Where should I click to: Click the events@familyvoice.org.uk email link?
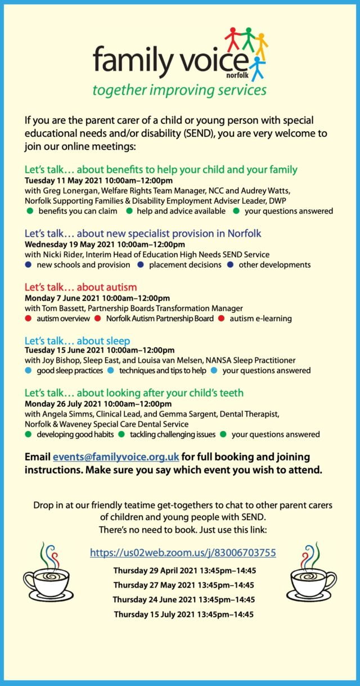(116, 456)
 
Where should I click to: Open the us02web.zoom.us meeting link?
(183, 552)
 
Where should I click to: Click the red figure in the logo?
(232, 39)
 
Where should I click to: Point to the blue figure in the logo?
(257, 68)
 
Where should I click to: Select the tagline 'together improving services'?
(179, 90)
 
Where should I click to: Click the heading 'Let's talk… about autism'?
(80, 287)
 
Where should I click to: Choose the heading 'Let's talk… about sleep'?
(77, 340)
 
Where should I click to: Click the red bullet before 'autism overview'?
(29, 319)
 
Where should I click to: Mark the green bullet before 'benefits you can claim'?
(29, 211)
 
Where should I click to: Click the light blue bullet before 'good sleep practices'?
(29, 370)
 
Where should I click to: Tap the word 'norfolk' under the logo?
(237, 74)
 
